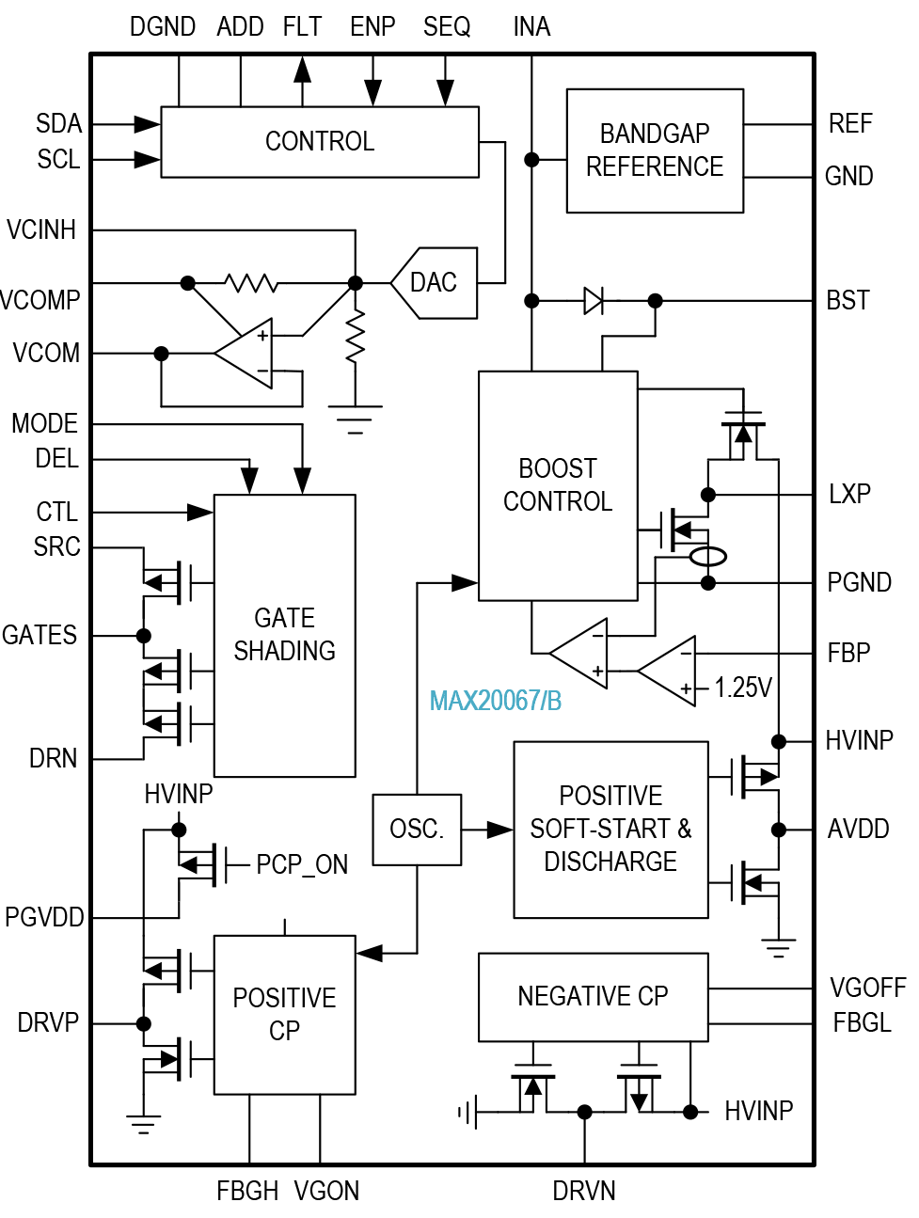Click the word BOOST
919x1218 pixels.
tap(557, 468)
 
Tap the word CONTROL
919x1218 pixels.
tap(557, 501)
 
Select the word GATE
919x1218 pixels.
tap(284, 618)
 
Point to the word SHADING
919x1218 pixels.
tap(284, 651)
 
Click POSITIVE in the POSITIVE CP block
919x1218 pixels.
tap(284, 998)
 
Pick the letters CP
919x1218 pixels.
tap(284, 1031)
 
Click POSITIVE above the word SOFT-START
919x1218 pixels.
tap(610, 796)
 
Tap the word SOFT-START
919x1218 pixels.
tap(599, 829)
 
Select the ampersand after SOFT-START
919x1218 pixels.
tap(684, 829)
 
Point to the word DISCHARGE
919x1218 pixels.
tap(610, 862)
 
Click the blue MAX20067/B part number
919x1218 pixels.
tap(495, 701)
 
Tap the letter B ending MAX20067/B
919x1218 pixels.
tap(554, 701)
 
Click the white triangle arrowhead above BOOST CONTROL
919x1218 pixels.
tap(592, 300)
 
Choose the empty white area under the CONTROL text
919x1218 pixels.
tap(557, 560)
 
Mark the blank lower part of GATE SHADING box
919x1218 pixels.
tap(284, 729)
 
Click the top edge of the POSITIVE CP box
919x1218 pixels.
tap(284, 938)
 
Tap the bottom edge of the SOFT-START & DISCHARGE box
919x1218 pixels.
tap(610, 916)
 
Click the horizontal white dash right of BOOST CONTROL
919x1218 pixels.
tap(750, 459)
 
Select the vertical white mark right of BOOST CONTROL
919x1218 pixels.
tap(707, 523)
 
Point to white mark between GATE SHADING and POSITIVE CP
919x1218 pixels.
tap(179, 870)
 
